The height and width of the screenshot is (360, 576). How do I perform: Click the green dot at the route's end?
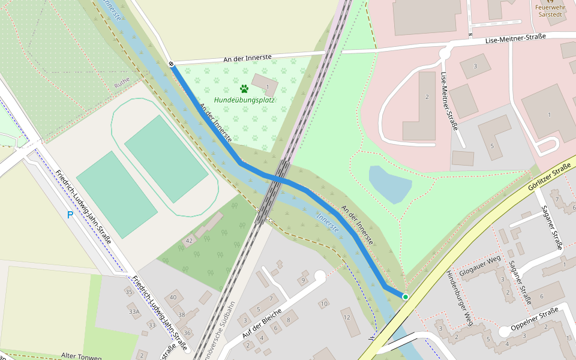(x=406, y=297)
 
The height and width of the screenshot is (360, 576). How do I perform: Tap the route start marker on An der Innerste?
(x=171, y=64)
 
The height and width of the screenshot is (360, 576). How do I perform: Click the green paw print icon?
(x=244, y=89)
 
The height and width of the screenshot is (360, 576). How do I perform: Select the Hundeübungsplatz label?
(x=244, y=100)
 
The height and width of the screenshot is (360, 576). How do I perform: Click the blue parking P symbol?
(x=70, y=215)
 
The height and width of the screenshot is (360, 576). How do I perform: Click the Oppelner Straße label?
(x=534, y=319)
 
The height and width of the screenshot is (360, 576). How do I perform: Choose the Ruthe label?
(x=122, y=85)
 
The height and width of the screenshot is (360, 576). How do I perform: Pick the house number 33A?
(x=134, y=311)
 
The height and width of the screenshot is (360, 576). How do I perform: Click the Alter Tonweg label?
(x=81, y=356)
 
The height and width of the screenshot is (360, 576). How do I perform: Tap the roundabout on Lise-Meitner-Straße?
(x=445, y=53)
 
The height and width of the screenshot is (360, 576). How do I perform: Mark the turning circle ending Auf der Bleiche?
(x=319, y=276)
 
